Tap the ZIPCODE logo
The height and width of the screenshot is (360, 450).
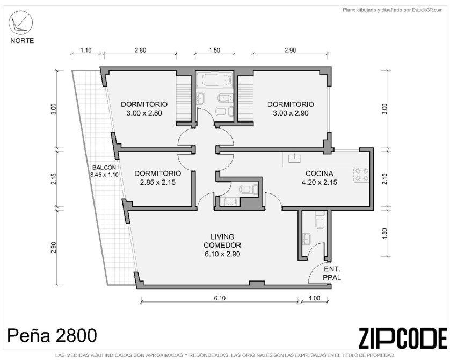coord(403,338)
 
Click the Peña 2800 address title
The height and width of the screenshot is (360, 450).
coord(52,335)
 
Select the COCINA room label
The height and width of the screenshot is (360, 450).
coord(319,174)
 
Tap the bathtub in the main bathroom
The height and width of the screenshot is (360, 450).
coord(217,80)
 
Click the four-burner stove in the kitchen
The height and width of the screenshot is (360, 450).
coord(361,174)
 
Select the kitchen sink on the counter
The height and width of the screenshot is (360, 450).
coord(294,158)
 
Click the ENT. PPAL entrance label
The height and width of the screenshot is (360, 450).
coord(332,273)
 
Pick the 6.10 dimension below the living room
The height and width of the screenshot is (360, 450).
coord(220,298)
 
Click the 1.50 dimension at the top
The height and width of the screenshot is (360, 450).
coord(214,51)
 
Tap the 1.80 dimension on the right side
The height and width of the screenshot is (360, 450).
coord(384,233)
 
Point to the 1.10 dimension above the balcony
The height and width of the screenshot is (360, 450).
coord(85,51)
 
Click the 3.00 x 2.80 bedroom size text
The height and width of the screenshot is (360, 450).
coord(144,113)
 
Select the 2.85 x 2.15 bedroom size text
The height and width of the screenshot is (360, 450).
coord(157,182)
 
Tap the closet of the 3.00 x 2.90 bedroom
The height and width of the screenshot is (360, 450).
coord(245,99)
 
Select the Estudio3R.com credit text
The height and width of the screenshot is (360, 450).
coord(393,10)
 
